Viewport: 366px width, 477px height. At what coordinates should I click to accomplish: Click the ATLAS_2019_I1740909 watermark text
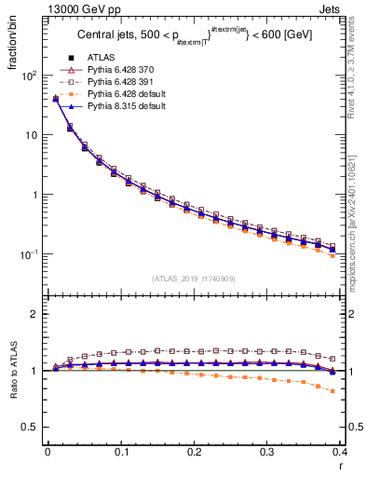coord(194,279)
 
